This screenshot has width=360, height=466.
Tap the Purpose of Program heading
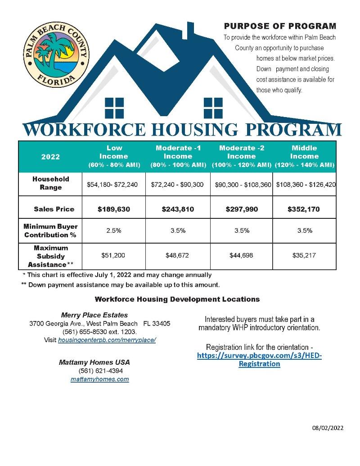(x=280, y=27)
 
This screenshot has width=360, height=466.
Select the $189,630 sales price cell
(x=114, y=209)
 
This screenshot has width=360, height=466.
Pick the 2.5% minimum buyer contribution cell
(x=114, y=231)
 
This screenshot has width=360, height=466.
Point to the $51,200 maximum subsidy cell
(x=114, y=255)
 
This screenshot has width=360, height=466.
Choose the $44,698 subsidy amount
(x=242, y=255)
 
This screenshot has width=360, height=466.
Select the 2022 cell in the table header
(x=50, y=157)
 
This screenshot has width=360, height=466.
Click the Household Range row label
(x=50, y=183)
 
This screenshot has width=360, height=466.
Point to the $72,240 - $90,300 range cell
(x=178, y=184)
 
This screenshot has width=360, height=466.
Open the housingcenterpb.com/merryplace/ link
(x=107, y=340)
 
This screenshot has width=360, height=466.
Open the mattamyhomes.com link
(x=100, y=379)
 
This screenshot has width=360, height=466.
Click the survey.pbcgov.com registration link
(x=260, y=359)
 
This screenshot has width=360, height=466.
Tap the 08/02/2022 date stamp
(x=328, y=428)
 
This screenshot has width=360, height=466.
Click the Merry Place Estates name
(x=94, y=315)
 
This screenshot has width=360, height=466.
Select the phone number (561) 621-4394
(x=100, y=371)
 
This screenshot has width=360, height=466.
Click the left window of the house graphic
(x=114, y=108)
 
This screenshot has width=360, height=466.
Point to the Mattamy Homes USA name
(x=94, y=362)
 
